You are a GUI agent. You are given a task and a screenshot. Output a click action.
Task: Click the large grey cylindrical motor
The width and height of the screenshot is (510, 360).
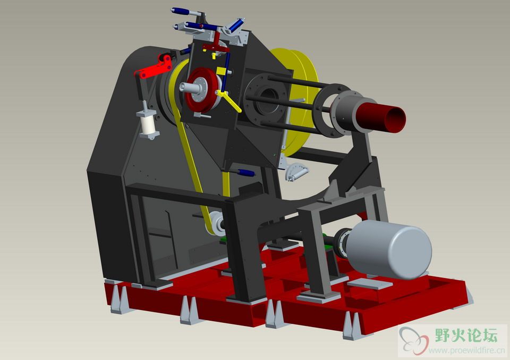(x=389, y=249)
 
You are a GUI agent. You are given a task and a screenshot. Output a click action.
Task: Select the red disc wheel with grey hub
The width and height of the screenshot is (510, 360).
(x=202, y=90)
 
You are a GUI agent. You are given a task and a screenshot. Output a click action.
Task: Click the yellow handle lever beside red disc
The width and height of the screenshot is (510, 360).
(x=229, y=101)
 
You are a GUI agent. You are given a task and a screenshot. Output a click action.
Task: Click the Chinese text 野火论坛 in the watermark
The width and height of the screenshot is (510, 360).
(x=466, y=335)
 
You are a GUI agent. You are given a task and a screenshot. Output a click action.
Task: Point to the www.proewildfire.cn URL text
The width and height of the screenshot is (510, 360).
(x=466, y=350)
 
